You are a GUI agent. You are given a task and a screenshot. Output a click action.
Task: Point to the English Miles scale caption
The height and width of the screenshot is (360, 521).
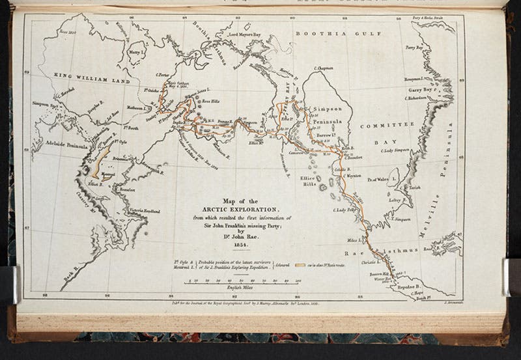coord(240,287)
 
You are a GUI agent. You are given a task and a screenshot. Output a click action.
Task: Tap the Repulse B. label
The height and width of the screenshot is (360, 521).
coord(410,285)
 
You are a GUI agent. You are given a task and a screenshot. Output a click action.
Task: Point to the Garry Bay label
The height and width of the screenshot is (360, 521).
coord(418,90)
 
